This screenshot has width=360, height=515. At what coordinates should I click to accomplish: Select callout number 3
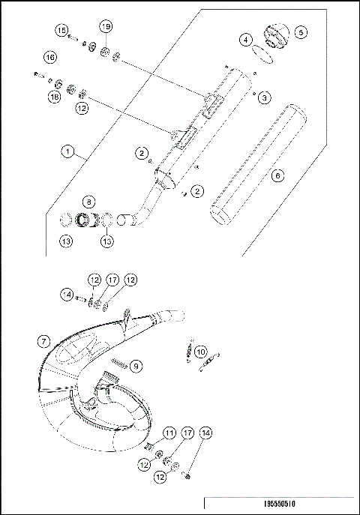pyautogui.click(x=266, y=97)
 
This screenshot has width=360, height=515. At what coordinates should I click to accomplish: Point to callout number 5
pyautogui.click(x=300, y=32)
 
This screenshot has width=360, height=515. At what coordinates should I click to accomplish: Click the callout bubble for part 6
pyautogui.click(x=277, y=175)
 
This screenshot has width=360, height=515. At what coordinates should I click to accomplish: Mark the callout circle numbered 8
pyautogui.click(x=89, y=202)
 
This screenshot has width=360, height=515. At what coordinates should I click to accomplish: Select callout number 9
pyautogui.click(x=136, y=365)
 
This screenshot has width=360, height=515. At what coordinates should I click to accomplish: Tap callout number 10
pyautogui.click(x=200, y=351)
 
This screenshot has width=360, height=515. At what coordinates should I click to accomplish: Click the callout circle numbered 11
pyautogui.click(x=169, y=433)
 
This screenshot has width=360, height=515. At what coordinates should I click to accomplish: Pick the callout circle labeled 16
pyautogui.click(x=49, y=57)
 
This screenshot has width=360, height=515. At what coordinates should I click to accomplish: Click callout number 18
pyautogui.click(x=54, y=97)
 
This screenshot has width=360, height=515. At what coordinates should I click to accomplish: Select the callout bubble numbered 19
pyautogui.click(x=106, y=26)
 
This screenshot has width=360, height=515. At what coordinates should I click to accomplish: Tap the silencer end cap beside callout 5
pyautogui.click(x=274, y=36)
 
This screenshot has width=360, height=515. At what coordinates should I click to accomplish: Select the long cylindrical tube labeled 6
pyautogui.click(x=255, y=165)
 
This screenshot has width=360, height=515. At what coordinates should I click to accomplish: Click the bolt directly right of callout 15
pyautogui.click(x=73, y=36)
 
